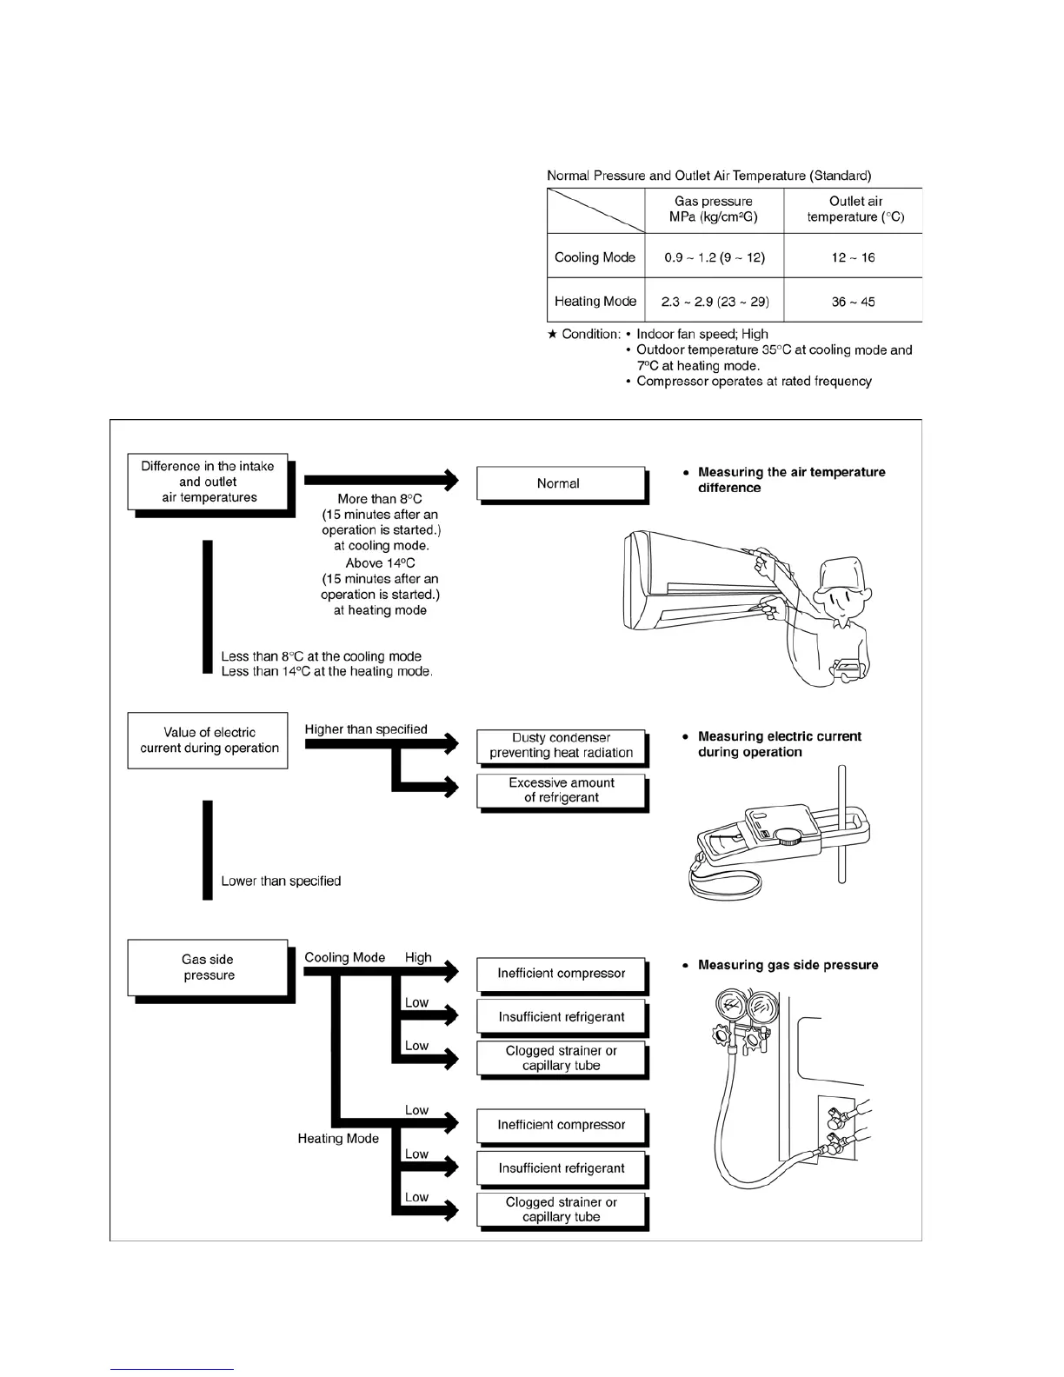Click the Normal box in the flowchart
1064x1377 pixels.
(561, 483)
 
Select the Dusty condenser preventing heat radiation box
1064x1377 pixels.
(561, 746)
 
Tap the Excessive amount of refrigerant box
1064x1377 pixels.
(561, 790)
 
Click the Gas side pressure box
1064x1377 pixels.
(208, 968)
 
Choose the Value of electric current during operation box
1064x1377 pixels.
(208, 741)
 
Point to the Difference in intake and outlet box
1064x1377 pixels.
(208, 482)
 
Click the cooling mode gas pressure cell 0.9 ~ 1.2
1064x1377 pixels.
(714, 257)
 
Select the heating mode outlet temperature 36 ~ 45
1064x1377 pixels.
(853, 302)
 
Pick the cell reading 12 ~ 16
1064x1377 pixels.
(853, 257)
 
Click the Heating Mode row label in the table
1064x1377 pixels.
(595, 302)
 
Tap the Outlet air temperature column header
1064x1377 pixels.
(855, 210)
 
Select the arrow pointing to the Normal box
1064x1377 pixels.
(381, 479)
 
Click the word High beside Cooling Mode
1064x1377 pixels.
(418, 957)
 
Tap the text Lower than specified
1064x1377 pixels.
(281, 881)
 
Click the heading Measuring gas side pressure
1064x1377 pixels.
(788, 965)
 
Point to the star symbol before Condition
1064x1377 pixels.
(552, 335)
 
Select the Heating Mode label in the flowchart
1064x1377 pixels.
(338, 1139)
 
